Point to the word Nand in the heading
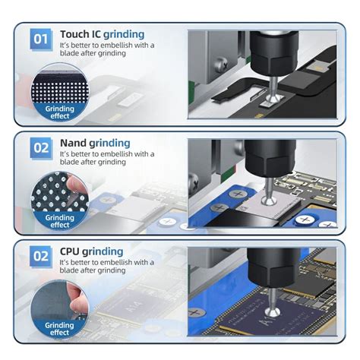[75, 143]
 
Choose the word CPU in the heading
[73, 251]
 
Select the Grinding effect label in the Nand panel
[60, 220]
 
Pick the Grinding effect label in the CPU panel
[60, 329]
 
